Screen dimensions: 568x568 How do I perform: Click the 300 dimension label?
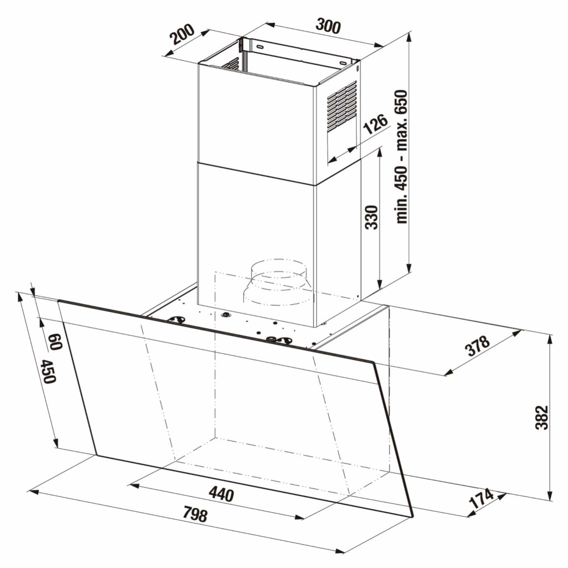click(x=328, y=26)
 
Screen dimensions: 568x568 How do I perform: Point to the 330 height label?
click(x=371, y=217)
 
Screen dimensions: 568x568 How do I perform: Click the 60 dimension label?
click(x=54, y=341)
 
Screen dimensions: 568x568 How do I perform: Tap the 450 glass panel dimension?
click(x=48, y=372)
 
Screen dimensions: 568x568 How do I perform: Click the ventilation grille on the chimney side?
click(x=341, y=106)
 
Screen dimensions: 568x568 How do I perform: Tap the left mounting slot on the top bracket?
click(x=260, y=47)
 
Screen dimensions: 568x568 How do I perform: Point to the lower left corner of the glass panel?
click(x=97, y=455)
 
